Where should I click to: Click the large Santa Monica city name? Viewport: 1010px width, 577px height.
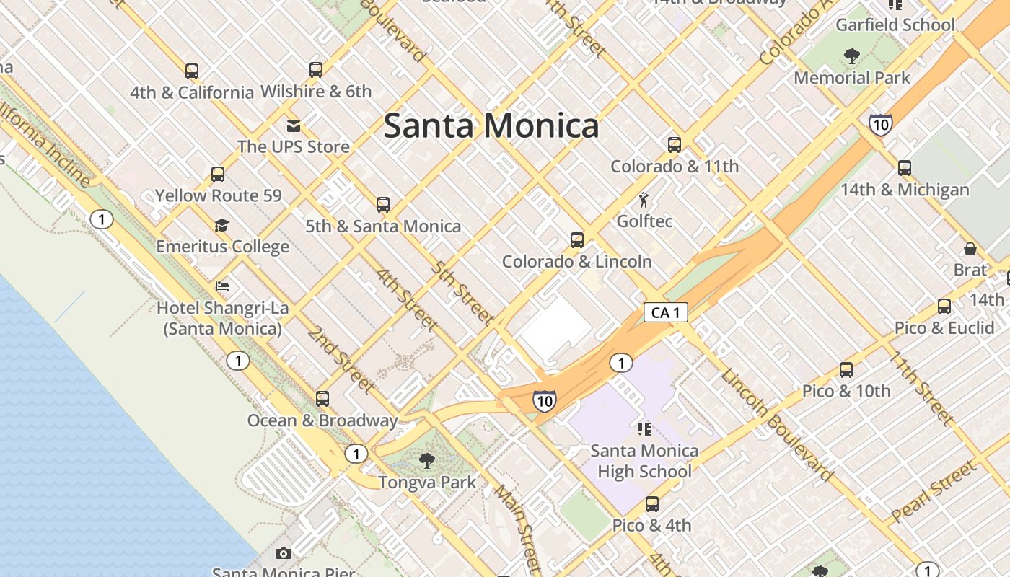(491, 125)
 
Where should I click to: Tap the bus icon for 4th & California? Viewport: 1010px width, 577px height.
(191, 71)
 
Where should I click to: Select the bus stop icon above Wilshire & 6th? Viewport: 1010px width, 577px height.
(315, 70)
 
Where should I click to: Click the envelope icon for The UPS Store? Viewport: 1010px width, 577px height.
(293, 126)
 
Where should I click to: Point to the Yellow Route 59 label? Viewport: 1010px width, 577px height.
(218, 195)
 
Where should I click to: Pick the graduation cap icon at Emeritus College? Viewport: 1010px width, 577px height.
(221, 226)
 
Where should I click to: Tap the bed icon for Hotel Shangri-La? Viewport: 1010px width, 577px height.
(222, 286)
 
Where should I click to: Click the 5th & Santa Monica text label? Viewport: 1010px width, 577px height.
(382, 226)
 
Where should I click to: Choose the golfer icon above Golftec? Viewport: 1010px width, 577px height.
(644, 200)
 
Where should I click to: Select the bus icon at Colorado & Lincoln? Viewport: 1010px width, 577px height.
(576, 240)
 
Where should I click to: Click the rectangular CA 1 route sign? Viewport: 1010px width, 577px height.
(665, 312)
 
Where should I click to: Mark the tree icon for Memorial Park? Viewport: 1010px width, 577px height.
(851, 56)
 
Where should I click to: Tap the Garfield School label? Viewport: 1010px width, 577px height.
(895, 25)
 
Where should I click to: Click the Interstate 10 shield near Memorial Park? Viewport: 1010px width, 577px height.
(880, 124)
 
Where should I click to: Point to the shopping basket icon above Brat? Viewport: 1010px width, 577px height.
(970, 250)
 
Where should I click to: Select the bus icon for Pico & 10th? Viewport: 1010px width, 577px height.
(846, 370)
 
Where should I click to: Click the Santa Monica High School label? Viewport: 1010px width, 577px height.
(644, 461)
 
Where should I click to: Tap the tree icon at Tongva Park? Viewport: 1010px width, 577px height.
(427, 460)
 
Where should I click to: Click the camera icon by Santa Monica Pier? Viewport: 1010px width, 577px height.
(284, 553)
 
